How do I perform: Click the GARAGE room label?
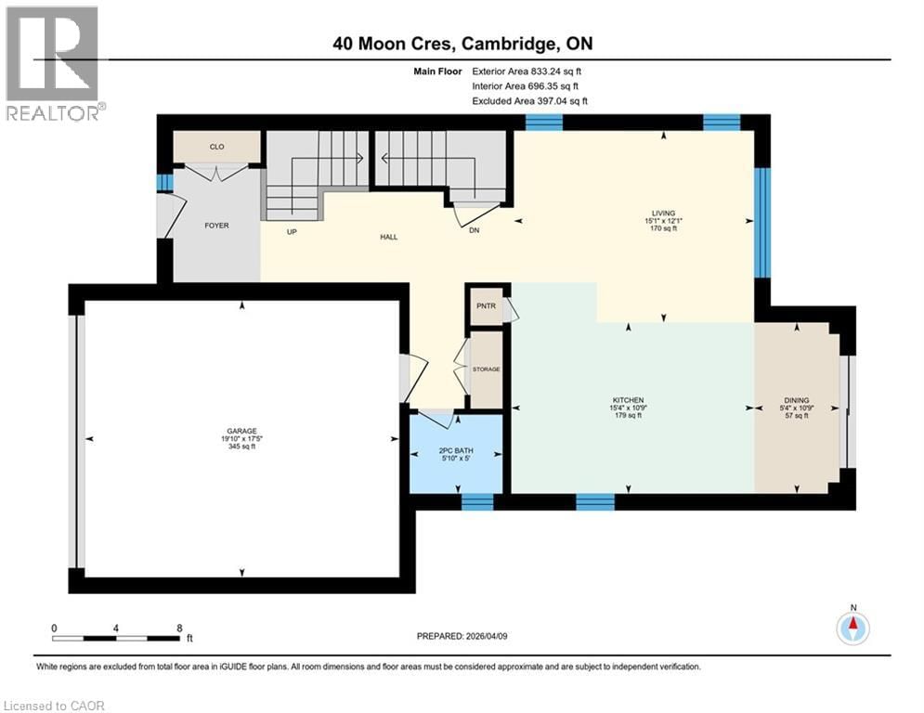tap(241, 431)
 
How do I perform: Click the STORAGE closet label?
tap(486, 369)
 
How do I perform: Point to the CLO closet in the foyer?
tap(216, 147)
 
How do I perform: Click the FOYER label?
tap(216, 225)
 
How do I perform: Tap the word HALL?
tap(388, 238)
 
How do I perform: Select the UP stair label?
tap(292, 231)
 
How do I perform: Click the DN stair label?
tap(473, 231)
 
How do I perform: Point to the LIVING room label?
tap(663, 212)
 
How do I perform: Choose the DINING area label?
tap(796, 400)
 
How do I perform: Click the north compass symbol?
tap(852, 629)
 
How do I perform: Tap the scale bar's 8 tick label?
tap(178, 628)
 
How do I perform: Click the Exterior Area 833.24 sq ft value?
tap(527, 71)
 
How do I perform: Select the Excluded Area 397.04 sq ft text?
tap(529, 101)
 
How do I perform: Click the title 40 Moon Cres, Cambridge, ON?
tap(462, 43)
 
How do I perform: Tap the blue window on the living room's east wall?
tap(761, 223)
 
